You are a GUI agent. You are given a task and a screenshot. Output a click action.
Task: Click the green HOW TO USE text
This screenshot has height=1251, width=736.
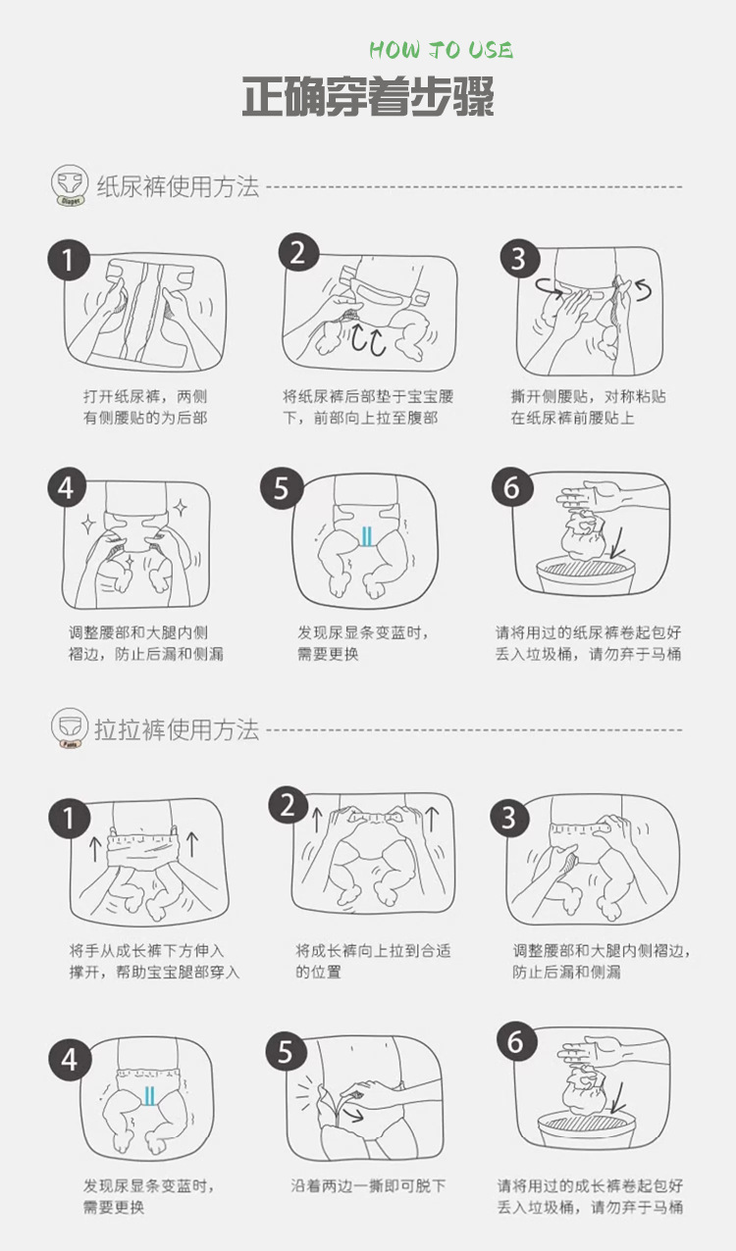(x=441, y=50)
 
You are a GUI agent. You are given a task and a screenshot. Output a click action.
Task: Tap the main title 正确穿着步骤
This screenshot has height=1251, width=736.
(x=368, y=97)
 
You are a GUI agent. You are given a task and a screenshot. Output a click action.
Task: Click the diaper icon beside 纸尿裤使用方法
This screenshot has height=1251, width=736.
(x=71, y=185)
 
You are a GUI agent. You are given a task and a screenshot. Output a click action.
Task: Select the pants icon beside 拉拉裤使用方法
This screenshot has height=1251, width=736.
(x=71, y=728)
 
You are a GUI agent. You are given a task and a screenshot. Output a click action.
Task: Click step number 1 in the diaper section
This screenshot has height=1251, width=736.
(x=68, y=260)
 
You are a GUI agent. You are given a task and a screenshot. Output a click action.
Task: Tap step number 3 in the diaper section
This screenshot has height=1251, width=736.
(x=520, y=259)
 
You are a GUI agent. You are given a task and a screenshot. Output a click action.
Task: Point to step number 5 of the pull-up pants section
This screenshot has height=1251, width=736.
(x=286, y=1052)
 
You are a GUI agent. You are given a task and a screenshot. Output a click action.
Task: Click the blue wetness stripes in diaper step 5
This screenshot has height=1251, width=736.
(x=366, y=536)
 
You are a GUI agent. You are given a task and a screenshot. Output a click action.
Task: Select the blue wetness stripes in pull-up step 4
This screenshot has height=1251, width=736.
(x=149, y=1095)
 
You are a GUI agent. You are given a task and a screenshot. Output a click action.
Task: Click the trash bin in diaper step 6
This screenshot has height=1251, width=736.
(x=586, y=575)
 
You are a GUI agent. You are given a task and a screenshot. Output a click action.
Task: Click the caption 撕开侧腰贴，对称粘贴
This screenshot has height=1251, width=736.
(x=589, y=396)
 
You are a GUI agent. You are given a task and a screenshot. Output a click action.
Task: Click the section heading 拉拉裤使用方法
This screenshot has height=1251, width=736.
(x=177, y=729)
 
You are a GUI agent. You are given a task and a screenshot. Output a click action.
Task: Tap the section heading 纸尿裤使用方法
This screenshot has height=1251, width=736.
(x=178, y=186)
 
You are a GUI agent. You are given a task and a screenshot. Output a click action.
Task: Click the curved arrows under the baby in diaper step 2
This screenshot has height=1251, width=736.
(x=369, y=340)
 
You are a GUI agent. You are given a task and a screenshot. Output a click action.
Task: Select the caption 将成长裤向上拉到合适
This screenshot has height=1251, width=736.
(x=373, y=951)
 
